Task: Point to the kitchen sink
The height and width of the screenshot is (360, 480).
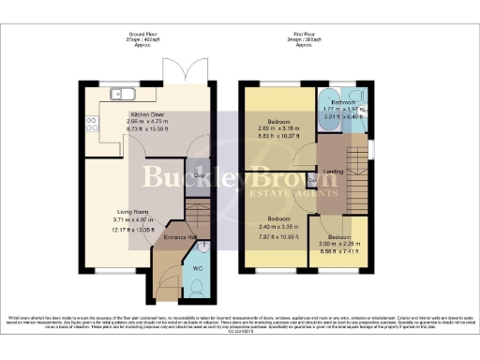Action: coord(124,93)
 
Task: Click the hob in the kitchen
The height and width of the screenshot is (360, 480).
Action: coord(91,123)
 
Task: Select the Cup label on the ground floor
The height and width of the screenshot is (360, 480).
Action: coord(200,174)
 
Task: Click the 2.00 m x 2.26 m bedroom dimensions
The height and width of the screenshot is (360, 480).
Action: coord(337,247)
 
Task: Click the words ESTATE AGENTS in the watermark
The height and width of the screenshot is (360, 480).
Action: coord(295,193)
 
